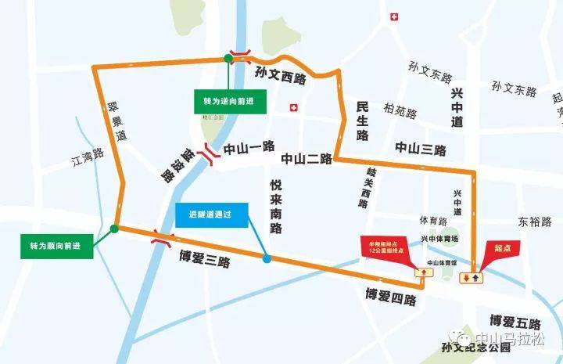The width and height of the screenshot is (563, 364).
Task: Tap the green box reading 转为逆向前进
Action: [228, 103]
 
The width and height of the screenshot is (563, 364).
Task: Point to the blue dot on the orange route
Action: [267, 259]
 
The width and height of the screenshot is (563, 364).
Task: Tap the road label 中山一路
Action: [249, 146]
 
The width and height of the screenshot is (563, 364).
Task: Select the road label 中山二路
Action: [307, 159]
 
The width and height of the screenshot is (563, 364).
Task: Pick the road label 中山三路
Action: [420, 149]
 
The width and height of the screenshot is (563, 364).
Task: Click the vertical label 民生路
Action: [362, 120]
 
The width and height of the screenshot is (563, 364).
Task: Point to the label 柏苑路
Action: [400, 112]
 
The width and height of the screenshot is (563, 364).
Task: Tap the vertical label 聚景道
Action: [117, 121]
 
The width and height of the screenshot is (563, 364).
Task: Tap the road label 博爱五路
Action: [515, 322]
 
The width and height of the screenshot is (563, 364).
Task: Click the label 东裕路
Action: [535, 222]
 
